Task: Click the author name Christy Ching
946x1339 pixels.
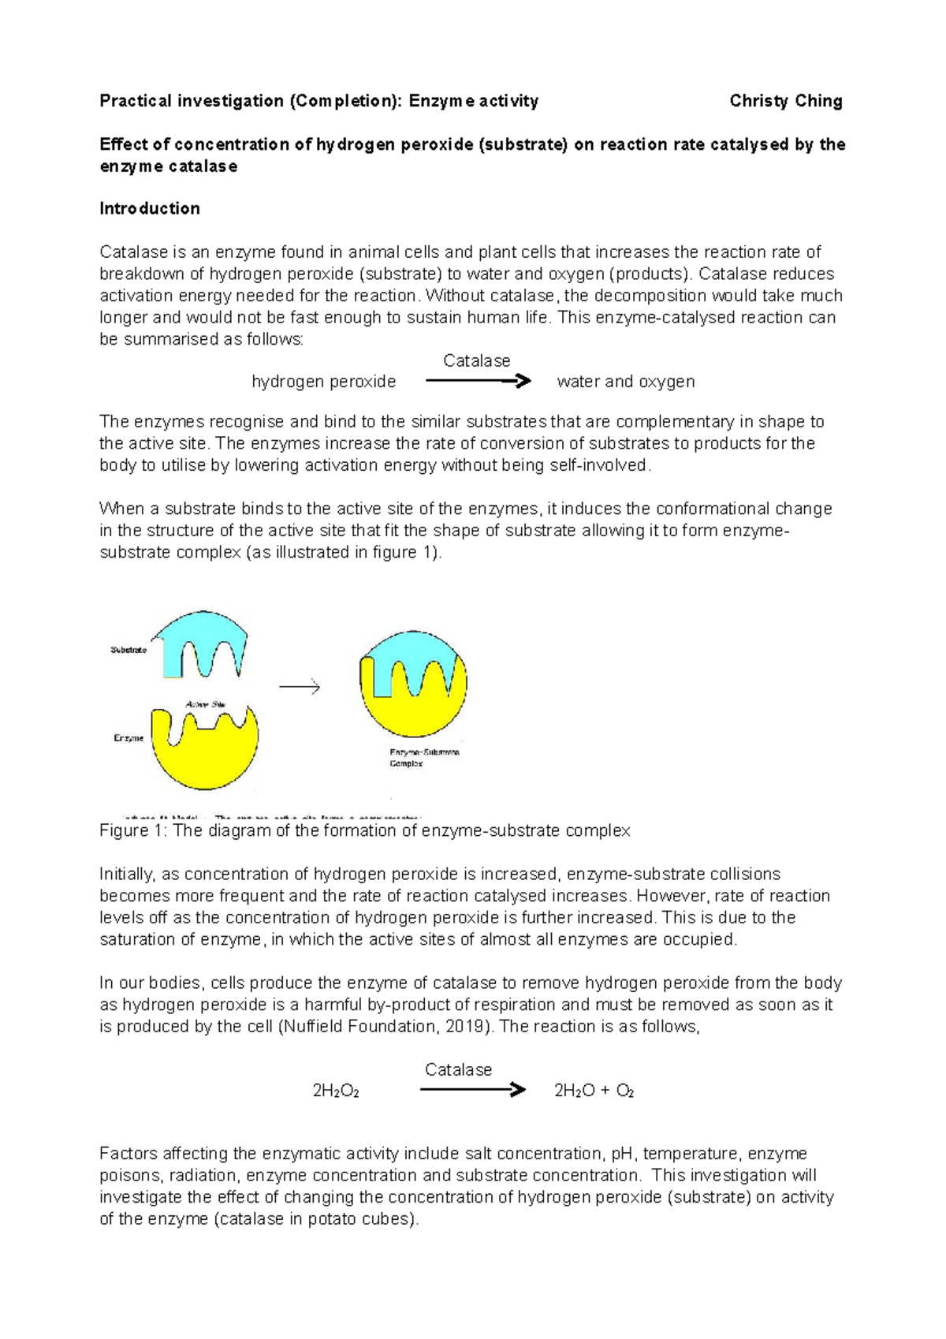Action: click(785, 101)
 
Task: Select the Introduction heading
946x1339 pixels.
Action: click(149, 209)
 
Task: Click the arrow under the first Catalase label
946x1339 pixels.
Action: click(478, 382)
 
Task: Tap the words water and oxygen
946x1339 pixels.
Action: click(625, 382)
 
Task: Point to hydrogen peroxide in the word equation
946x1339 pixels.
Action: click(323, 382)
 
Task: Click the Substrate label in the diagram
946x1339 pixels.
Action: click(128, 651)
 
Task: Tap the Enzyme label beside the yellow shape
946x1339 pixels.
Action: click(128, 738)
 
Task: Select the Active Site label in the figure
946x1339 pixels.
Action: click(206, 704)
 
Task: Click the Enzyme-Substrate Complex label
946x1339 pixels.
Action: click(423, 758)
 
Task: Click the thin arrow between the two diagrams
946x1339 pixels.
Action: click(300, 687)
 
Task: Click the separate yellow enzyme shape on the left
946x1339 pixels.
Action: click(205, 757)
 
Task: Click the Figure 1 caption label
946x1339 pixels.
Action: click(134, 831)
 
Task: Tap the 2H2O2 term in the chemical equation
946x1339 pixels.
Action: click(336, 1091)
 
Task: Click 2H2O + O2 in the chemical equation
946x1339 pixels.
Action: click(594, 1091)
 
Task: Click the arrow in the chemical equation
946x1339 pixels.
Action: click(472, 1091)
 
